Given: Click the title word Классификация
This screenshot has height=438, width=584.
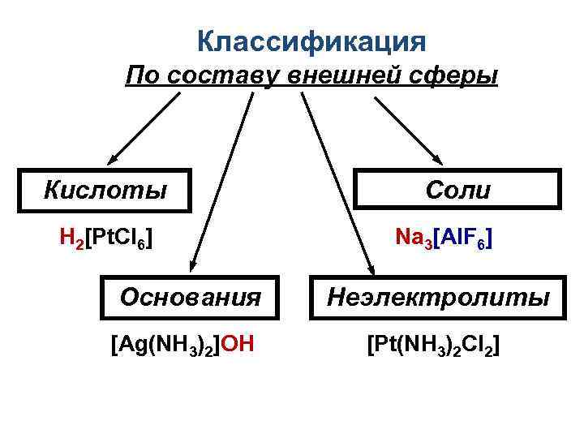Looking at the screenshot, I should pyautogui.click(x=311, y=41).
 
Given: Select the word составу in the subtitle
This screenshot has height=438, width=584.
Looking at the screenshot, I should pyautogui.click(x=217, y=76).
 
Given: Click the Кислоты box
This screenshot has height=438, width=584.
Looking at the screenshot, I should pyautogui.click(x=106, y=190).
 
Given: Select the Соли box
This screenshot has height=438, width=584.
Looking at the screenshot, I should pyautogui.click(x=458, y=190).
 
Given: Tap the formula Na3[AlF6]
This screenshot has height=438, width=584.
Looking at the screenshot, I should pyautogui.click(x=444, y=238).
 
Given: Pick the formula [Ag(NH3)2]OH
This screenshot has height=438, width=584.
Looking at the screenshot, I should pyautogui.click(x=182, y=346).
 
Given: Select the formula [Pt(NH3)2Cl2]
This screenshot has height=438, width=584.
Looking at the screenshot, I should pyautogui.click(x=433, y=346).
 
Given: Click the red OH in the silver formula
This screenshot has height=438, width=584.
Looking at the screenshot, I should pyautogui.click(x=238, y=346).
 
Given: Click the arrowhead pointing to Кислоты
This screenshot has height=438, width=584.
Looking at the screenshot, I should pyautogui.click(x=114, y=158).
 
